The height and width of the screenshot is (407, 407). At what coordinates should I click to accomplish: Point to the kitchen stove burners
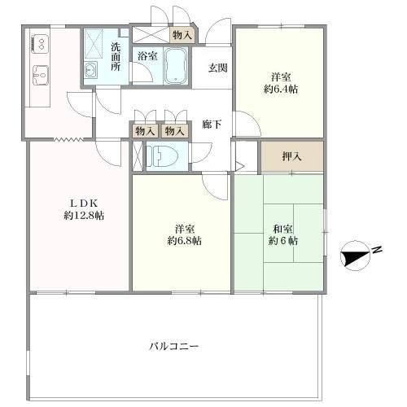[x=38, y=42]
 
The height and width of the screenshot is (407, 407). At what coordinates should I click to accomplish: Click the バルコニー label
[x=173, y=346]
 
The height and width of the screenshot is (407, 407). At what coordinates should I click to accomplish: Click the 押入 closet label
[x=291, y=155]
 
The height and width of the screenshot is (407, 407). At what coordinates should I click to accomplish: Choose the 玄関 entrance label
[x=217, y=68]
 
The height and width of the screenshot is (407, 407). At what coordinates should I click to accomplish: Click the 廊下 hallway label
[x=212, y=125]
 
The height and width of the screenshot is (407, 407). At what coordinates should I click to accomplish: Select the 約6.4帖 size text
[x=280, y=90]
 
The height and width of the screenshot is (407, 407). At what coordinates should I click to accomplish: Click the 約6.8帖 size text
[x=185, y=241]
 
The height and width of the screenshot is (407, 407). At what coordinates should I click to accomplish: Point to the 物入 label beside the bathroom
[x=182, y=34]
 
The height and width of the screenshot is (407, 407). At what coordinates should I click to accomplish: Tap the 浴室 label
[x=147, y=57]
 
